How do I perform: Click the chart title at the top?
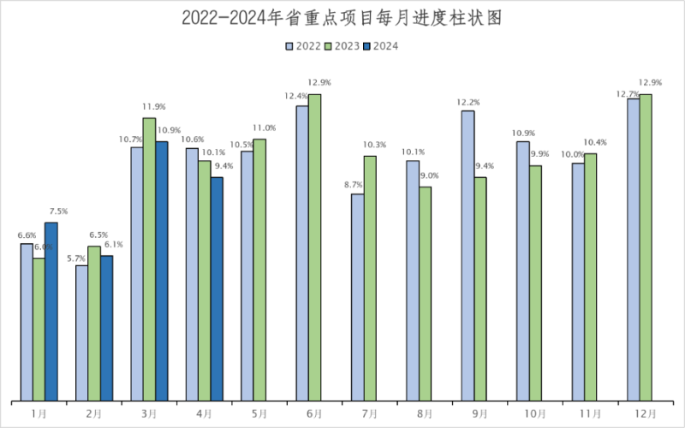pyautogui.click(x=342, y=18)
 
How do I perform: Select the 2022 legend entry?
pyautogui.click(x=303, y=46)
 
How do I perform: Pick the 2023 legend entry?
pyautogui.click(x=341, y=46)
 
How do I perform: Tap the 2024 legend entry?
pyautogui.click(x=379, y=46)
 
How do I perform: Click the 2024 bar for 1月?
pyautogui.click(x=51, y=312)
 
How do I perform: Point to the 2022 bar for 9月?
pyautogui.click(x=468, y=256)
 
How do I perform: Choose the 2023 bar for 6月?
pyautogui.click(x=314, y=247)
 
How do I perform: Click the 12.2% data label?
pyautogui.click(x=468, y=103)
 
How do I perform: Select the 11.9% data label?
pyautogui.click(x=153, y=108)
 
